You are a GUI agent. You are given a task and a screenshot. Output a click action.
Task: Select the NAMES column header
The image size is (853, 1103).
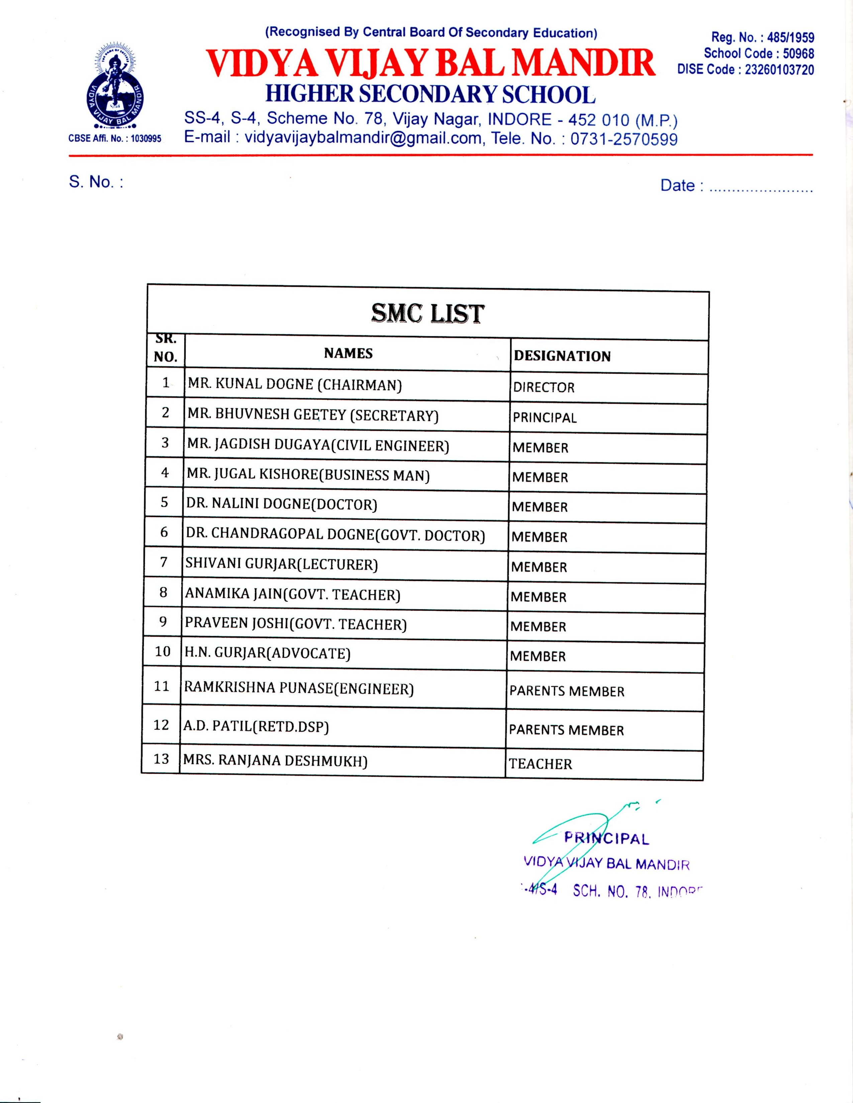348,354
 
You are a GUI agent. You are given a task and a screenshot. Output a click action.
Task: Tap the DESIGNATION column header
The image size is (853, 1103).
562,356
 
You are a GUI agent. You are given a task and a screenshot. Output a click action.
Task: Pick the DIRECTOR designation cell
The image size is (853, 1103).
544,387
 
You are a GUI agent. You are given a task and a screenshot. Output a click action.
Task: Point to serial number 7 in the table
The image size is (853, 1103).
164,562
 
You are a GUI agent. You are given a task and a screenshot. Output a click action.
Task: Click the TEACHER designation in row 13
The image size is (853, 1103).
540,764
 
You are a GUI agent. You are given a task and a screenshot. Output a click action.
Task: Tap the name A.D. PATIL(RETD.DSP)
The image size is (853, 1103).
256,727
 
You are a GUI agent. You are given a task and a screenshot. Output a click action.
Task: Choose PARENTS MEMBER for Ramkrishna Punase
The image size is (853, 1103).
566,692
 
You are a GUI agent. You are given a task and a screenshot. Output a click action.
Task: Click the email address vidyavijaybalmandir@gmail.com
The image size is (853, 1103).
363,138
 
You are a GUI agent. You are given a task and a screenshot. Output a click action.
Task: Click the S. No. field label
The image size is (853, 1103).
96,182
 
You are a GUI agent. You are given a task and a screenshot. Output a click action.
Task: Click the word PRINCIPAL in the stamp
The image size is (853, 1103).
606,838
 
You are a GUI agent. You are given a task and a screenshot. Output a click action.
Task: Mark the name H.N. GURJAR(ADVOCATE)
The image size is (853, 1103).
267,653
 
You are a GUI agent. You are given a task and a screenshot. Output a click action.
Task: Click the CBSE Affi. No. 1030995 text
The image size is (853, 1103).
115,138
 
